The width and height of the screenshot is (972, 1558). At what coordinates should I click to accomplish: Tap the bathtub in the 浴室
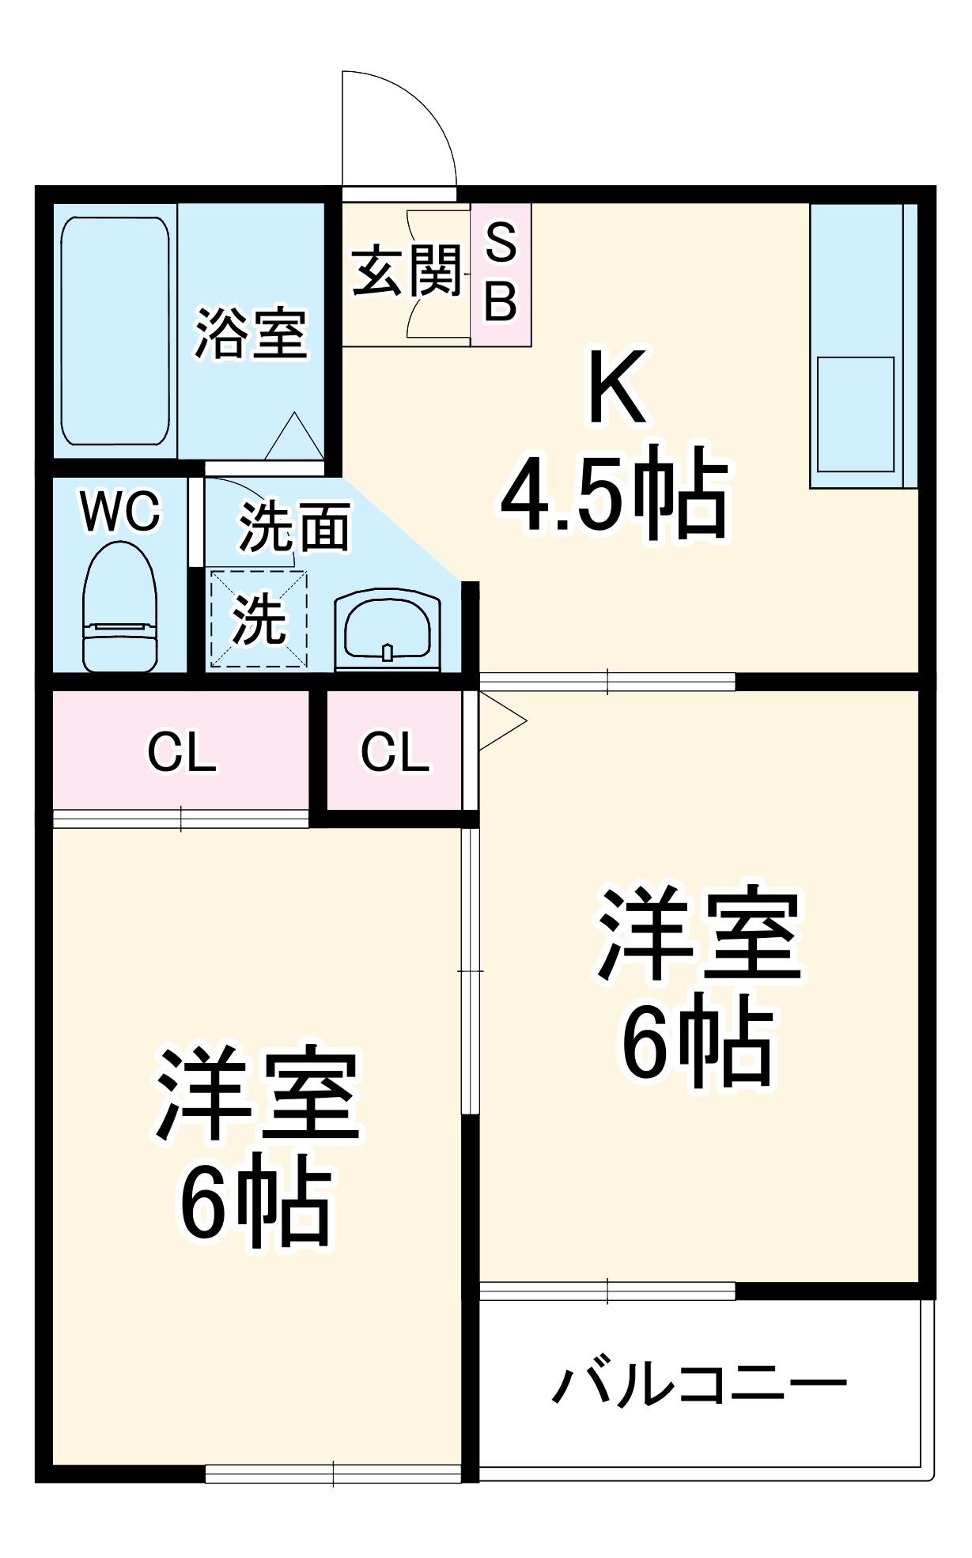point(115,331)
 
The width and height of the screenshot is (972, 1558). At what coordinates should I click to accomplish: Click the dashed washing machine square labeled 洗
point(259,618)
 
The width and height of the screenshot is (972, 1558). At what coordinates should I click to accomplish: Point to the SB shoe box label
point(501,274)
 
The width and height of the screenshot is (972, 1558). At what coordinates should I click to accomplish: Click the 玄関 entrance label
point(407,271)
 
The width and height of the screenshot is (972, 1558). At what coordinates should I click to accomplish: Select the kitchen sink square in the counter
point(855,414)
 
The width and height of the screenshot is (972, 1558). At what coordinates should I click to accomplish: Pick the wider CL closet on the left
point(181,751)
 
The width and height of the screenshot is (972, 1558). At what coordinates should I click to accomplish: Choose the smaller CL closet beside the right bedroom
point(395,751)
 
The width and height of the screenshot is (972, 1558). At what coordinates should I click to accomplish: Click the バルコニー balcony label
point(699,1383)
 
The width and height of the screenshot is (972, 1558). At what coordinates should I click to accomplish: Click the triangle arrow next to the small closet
point(500,720)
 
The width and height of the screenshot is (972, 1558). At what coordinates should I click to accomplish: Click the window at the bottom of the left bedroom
point(333,1473)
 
